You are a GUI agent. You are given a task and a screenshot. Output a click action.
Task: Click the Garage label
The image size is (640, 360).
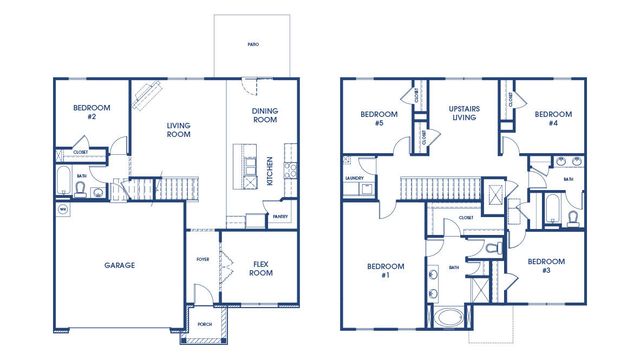click(120, 265)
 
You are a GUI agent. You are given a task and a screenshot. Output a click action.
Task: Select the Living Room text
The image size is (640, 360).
click(179, 130)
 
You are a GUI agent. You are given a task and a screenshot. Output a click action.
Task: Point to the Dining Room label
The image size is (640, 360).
click(264, 116)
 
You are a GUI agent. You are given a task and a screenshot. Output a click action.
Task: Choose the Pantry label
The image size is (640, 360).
click(280, 214)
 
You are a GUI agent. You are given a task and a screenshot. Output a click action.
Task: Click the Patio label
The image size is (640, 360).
click(253, 45)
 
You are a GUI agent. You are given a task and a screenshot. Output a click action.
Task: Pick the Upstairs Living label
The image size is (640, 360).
click(465, 112)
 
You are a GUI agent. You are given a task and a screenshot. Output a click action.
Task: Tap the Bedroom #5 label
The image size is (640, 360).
click(379, 119)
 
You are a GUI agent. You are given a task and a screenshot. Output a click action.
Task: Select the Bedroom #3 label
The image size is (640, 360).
click(546, 265)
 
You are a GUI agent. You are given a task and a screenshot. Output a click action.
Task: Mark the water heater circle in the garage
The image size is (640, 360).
click(61, 210)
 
